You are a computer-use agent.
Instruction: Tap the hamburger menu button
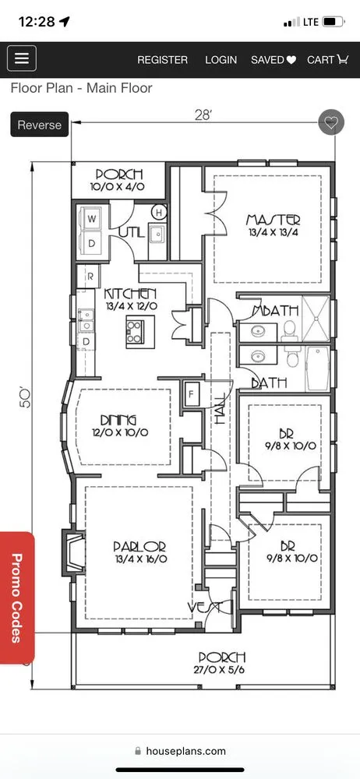click(21, 58)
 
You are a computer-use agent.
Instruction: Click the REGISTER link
click(163, 60)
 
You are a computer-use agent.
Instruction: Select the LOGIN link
click(221, 60)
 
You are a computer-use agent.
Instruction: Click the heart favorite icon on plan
click(331, 122)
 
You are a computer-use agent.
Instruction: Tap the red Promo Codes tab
click(17, 597)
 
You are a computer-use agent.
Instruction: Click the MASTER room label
click(274, 220)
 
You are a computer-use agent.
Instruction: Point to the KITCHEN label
click(131, 294)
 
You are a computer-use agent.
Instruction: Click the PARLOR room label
click(139, 547)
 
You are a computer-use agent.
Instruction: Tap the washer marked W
click(91, 218)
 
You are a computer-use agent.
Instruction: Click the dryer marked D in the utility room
click(91, 242)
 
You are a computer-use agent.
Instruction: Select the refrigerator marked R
click(90, 277)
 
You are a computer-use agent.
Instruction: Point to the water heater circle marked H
click(159, 213)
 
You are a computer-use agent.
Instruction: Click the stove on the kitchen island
click(136, 331)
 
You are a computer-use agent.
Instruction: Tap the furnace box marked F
click(192, 395)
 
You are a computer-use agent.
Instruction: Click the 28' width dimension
click(203, 116)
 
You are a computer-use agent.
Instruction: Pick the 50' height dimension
click(25, 398)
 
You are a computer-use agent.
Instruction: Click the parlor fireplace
click(72, 552)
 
